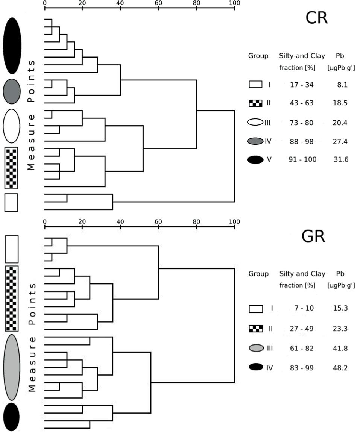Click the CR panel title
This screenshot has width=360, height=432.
[x=316, y=18]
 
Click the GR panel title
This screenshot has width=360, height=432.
[x=313, y=237]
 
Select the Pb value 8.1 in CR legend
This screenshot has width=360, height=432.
[x=343, y=85]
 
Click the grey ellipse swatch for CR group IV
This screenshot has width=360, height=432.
[x=255, y=141]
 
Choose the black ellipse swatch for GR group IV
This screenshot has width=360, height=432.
[x=255, y=368]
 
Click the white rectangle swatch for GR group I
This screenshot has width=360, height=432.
[x=255, y=309]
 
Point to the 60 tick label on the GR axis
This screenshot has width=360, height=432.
[x=158, y=222]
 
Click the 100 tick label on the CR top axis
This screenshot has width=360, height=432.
[x=234, y=3]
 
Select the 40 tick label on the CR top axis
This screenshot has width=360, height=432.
[x=120, y=3]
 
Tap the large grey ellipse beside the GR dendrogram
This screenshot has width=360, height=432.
[x=12, y=367]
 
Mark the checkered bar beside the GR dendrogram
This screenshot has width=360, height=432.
[x=12, y=299]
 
